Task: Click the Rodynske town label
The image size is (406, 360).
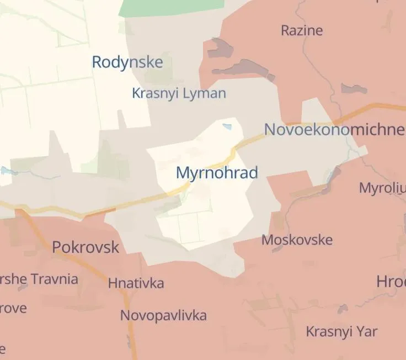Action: [x=127, y=62]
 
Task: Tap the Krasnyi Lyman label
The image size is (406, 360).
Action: [x=179, y=93]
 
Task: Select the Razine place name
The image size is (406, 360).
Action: [x=302, y=30]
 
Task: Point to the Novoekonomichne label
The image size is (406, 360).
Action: [x=334, y=130]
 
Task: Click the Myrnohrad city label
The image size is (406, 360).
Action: [x=217, y=173]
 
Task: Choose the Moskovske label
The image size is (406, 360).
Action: [x=297, y=240]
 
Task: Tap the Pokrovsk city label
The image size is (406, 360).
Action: [x=86, y=247]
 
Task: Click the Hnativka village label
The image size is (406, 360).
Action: [x=136, y=283]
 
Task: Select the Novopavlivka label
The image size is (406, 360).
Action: [x=164, y=315]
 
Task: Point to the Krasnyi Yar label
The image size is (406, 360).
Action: [x=341, y=331]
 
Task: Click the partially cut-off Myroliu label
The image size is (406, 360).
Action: [x=382, y=188]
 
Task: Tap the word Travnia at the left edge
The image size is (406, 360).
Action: [x=54, y=278]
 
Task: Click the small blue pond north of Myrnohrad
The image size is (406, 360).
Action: [x=227, y=127]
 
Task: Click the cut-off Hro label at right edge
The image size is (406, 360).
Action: [x=391, y=281]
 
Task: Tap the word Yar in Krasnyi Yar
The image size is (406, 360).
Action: [x=368, y=331]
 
